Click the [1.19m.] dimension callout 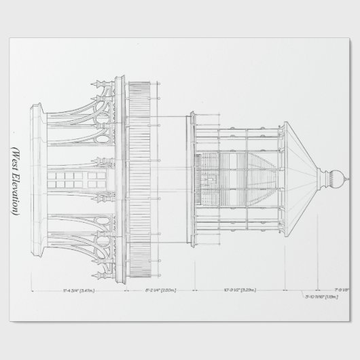(x=331, y=297)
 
